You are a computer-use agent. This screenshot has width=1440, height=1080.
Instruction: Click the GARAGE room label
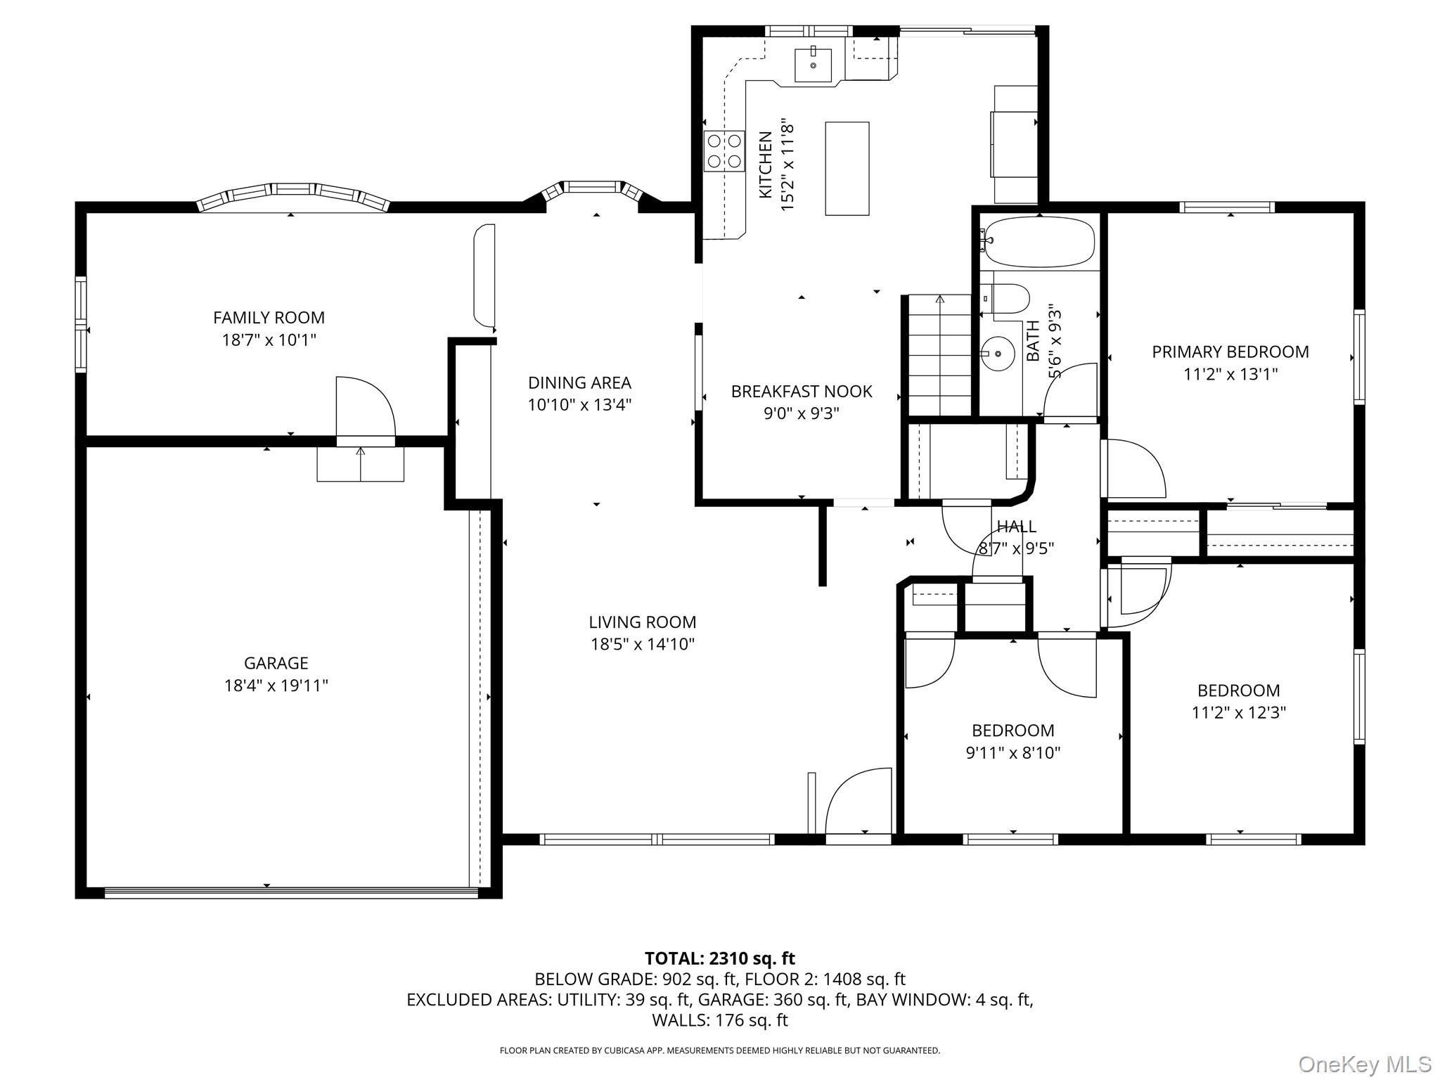pos(276,663)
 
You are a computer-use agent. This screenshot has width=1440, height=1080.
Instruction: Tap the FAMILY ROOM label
pos(269,318)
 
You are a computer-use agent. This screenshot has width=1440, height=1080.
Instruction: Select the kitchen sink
pos(814,65)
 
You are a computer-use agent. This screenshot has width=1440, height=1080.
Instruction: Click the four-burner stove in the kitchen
pos(724,150)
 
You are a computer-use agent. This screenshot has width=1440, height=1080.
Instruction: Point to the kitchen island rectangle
pos(847,168)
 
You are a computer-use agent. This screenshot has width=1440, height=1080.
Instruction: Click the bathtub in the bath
pos(1039,243)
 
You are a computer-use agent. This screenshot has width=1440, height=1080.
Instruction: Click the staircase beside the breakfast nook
pos(940,356)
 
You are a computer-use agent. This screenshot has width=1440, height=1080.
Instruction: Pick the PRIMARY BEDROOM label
pos(1230,352)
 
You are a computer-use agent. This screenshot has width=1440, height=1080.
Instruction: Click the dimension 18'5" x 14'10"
pos(643,644)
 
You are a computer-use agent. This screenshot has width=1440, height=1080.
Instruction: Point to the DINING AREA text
pos(579,382)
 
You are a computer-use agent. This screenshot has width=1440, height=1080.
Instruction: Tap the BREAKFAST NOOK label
pos(802,391)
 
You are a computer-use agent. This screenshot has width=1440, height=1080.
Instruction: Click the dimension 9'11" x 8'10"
pos(1013,753)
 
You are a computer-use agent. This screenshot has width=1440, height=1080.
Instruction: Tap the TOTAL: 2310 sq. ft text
pos(720,958)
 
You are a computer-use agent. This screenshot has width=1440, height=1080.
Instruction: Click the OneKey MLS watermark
pos(1365,1063)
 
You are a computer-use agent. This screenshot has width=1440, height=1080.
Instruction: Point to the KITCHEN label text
pos(766,165)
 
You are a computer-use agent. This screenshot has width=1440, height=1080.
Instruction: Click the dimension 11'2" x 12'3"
pos(1239,712)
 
